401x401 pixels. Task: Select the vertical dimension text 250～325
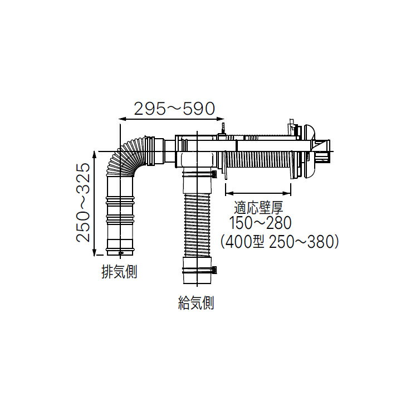(84, 202)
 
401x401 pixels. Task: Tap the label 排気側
(119, 272)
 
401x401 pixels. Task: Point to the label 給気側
(195, 303)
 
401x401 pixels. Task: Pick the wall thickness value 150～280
(261, 224)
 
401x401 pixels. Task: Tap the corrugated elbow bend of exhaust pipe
(129, 156)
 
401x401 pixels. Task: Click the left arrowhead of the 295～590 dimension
(122, 119)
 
